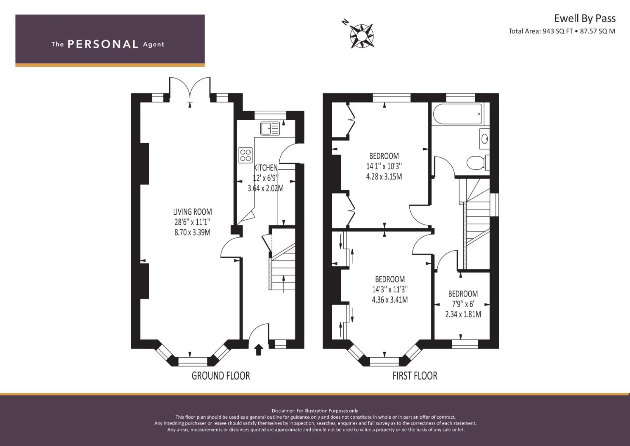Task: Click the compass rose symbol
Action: point(362,36)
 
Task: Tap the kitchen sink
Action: point(270,128)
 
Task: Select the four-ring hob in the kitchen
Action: point(245,155)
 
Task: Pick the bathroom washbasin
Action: point(484,139)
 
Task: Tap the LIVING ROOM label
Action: point(192,212)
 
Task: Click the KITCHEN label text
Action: point(266,168)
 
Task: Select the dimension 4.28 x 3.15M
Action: point(384,177)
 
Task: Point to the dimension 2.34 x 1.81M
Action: point(463,314)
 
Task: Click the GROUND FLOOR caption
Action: point(220,376)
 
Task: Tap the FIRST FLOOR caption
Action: point(415,376)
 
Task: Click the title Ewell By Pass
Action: point(585,19)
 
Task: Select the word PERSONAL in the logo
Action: point(103,44)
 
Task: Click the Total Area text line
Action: point(562,31)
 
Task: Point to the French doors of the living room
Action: point(190,87)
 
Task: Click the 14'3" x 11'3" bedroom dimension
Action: point(390,289)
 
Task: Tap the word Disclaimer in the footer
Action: point(283,411)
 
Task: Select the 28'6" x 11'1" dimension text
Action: point(192,222)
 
